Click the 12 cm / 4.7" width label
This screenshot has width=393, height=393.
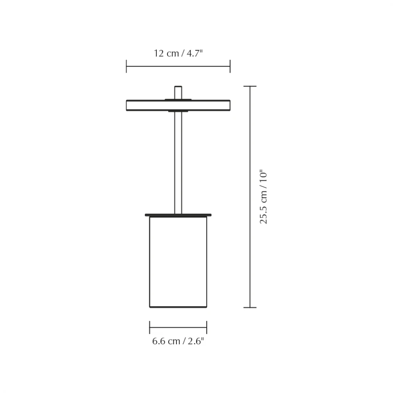tap(178, 53)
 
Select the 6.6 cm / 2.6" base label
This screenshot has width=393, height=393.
tap(178, 341)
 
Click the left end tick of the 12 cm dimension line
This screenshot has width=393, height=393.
tap(126, 66)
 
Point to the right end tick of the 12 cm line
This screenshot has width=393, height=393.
tap(230, 66)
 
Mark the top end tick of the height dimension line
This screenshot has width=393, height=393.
tap(250, 86)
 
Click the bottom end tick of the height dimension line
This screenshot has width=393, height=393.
tap(250, 307)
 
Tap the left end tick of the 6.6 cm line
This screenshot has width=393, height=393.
tap(150, 327)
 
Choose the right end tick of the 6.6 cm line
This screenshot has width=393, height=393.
tap(207, 327)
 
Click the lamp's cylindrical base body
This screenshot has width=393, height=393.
tap(178, 261)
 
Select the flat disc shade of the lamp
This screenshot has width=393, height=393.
tap(178, 105)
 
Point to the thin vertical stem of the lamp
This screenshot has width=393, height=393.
tap(178, 161)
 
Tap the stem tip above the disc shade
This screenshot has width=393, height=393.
tap(178, 91)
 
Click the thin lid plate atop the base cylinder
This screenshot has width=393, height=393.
tap(178, 215)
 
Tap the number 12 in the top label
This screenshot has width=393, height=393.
tap(159, 53)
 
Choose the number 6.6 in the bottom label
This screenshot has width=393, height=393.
tap(159, 341)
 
